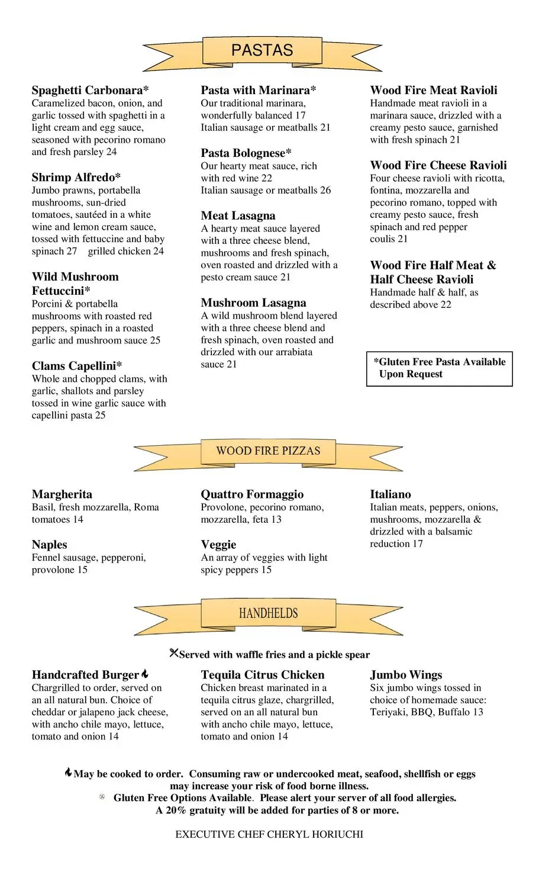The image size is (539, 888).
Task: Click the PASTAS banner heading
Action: [x=262, y=50]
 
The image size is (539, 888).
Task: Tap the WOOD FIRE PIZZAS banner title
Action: [x=268, y=451]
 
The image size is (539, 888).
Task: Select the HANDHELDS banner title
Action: [x=268, y=613]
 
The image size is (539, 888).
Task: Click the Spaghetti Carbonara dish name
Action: [x=90, y=91]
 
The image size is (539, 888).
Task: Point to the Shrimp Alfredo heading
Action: [x=76, y=178]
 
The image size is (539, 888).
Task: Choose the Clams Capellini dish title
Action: [x=77, y=366]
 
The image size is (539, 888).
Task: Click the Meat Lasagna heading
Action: [x=238, y=216]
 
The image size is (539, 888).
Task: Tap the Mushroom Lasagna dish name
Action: [x=253, y=303]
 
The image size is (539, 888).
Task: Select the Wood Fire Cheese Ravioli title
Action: [x=438, y=166]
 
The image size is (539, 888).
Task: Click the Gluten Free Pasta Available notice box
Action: [x=440, y=368]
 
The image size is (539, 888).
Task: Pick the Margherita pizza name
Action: [x=62, y=494]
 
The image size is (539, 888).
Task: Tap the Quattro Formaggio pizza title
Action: [x=252, y=494]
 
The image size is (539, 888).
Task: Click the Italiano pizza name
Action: [x=390, y=494]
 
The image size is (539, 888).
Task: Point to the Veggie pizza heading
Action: [x=218, y=545]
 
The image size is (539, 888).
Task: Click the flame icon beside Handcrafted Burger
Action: [x=145, y=674]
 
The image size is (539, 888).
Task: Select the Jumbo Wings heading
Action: [x=406, y=675]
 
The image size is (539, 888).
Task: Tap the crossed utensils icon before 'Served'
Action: [x=173, y=653]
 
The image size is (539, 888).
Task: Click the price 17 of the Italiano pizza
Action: [x=418, y=544]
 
